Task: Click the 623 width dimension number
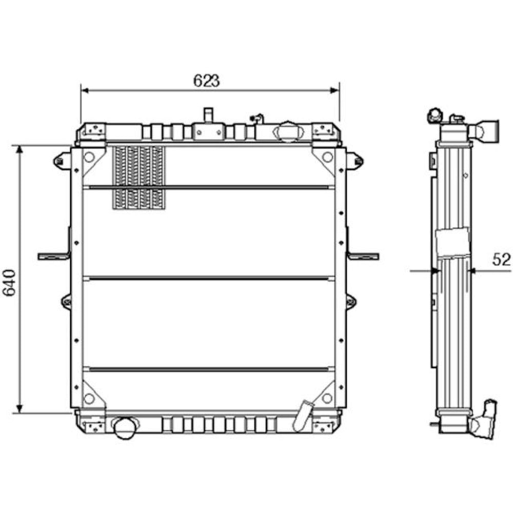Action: click(206, 81)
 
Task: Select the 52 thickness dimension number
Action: click(501, 260)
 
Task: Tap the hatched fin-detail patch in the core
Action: click(139, 177)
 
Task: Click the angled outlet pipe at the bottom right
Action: click(303, 415)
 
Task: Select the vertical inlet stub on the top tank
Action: click(208, 114)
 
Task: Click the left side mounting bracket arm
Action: click(53, 255)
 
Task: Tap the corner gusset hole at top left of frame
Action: click(89, 156)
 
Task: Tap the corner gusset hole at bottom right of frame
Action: click(327, 398)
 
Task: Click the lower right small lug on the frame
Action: click(351, 301)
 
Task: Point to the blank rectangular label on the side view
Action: click(452, 242)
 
